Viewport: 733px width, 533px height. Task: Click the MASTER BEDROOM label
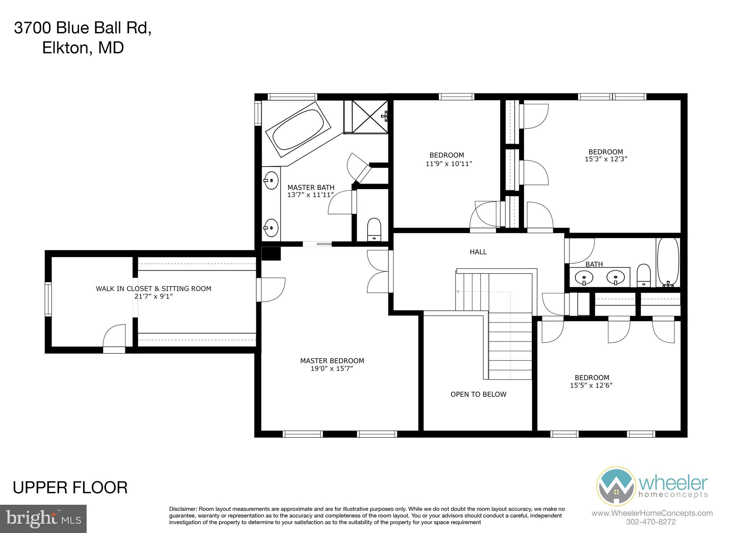[332, 361]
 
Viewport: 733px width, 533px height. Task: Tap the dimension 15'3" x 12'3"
[606, 159]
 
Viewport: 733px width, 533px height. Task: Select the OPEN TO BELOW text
[478, 394]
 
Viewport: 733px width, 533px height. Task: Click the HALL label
[478, 252]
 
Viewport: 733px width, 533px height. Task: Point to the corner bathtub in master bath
[298, 130]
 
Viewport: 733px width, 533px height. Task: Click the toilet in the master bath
[374, 229]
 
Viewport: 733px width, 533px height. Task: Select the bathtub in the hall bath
[668, 262]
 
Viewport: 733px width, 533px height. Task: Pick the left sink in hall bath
[584, 277]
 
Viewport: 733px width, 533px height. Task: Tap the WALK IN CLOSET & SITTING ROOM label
[153, 289]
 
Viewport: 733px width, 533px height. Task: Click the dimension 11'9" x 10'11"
[449, 164]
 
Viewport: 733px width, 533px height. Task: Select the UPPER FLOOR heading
[70, 488]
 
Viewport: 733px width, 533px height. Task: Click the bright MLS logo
[43, 519]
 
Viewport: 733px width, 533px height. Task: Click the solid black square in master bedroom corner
[271, 253]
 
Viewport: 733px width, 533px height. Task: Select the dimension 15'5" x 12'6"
[591, 386]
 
